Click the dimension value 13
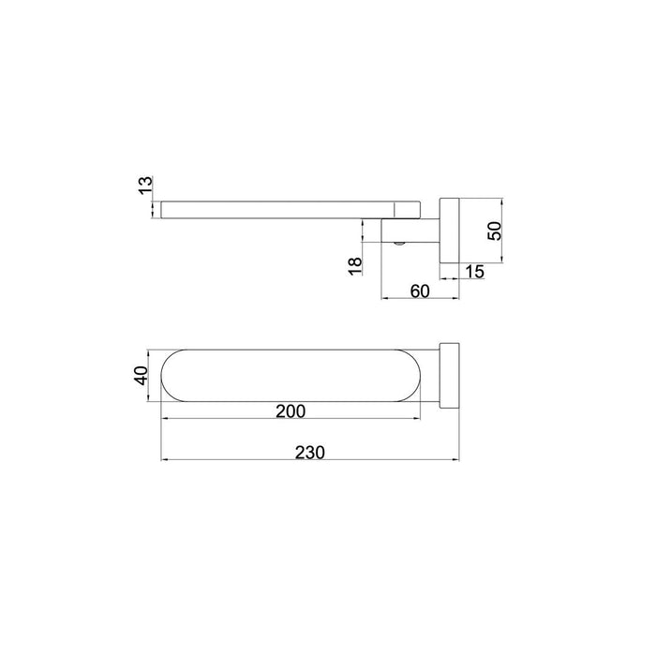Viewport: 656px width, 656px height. [143, 185]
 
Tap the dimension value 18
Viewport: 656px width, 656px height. [353, 266]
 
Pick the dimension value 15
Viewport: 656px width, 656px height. [475, 272]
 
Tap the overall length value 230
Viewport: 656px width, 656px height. [308, 452]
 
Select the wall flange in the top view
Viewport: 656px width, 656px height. [448, 377]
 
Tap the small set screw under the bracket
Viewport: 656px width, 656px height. [400, 245]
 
